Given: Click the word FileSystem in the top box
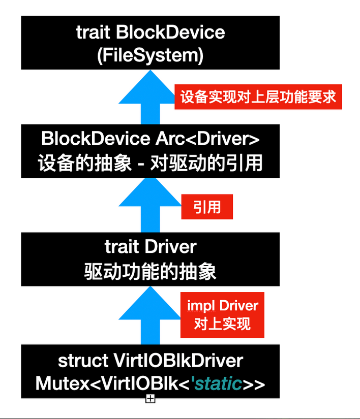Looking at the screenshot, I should [x=150, y=55].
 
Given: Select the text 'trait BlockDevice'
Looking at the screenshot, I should [x=150, y=33].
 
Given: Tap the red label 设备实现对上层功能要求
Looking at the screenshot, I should [x=258, y=96].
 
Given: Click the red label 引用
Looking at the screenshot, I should [x=207, y=207].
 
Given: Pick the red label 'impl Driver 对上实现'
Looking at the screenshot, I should [x=223, y=315].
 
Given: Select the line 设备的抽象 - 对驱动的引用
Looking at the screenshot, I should [x=150, y=164].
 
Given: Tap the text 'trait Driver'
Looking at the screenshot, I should [x=150, y=247].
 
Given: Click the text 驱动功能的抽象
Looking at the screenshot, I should [x=150, y=271].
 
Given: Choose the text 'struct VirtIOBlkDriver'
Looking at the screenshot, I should [x=150, y=361].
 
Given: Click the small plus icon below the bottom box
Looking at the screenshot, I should [x=150, y=399].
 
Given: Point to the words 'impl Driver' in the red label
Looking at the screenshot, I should [x=223, y=306].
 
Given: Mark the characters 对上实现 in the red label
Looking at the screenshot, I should [x=223, y=324].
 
